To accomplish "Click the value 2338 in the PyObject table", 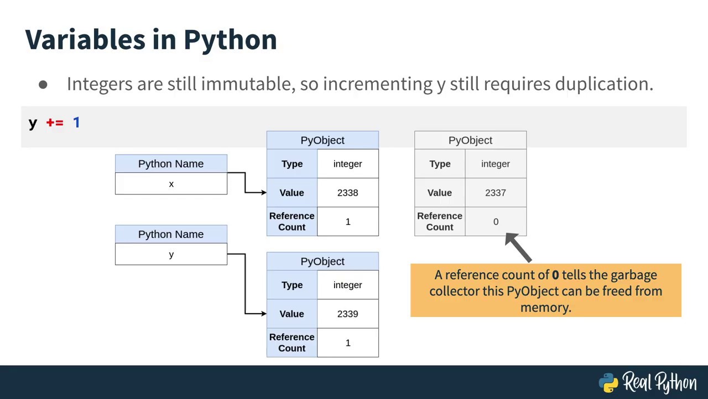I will pyautogui.click(x=347, y=192).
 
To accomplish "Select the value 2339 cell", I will pyautogui.click(x=347, y=314).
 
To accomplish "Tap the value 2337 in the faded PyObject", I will pyautogui.click(x=495, y=192).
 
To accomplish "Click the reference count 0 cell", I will pyautogui.click(x=496, y=222).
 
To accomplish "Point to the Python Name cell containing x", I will pyautogui.click(x=171, y=184).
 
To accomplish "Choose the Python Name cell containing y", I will pyautogui.click(x=171, y=254).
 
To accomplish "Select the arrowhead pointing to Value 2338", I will pyautogui.click(x=262, y=192).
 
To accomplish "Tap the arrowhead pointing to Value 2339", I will pyautogui.click(x=262, y=314).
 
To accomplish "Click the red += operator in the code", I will pyautogui.click(x=55, y=122).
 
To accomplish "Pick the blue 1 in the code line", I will pyautogui.click(x=76, y=122).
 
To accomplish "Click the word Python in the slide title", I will pyautogui.click(x=230, y=40).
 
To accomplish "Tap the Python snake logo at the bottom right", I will pyautogui.click(x=608, y=382).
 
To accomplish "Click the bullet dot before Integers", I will pyautogui.click(x=43, y=85).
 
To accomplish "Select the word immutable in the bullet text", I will pyautogui.click(x=247, y=84).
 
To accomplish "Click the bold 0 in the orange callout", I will pyautogui.click(x=555, y=275).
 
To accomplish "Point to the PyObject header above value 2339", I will pyautogui.click(x=322, y=261).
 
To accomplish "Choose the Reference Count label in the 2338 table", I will pyautogui.click(x=291, y=222).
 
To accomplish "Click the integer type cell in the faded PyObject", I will pyautogui.click(x=495, y=164).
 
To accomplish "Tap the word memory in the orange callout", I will pyautogui.click(x=544, y=307).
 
